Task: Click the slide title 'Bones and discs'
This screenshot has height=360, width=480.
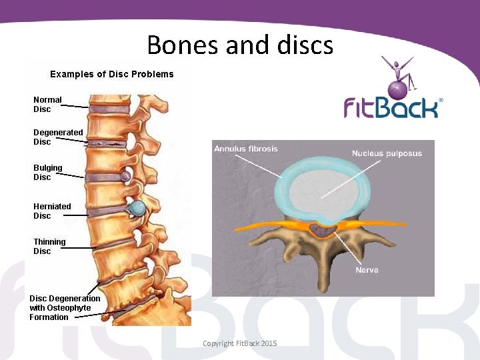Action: pos(240,45)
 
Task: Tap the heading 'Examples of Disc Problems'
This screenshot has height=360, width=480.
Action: pos(112,74)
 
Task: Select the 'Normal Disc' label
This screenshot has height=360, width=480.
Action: pos(47,104)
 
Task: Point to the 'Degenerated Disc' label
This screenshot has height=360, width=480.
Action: pos(58,137)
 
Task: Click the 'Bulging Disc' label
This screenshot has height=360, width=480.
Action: pos(48,172)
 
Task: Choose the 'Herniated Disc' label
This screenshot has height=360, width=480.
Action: pos(52,211)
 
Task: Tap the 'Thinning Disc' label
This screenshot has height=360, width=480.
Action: pos(49,246)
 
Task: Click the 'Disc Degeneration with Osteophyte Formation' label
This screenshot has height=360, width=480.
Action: pos(65,307)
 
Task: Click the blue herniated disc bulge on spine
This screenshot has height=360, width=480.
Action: pos(138,208)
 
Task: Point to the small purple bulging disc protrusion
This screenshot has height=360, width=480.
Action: pos(125,176)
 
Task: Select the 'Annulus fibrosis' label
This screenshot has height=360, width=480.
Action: pos(246,148)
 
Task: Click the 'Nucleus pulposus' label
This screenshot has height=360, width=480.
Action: pos(387,153)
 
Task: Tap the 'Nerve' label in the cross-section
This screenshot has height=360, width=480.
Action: pos(367,270)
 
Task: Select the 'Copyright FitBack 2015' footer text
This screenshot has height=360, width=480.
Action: pos(239,343)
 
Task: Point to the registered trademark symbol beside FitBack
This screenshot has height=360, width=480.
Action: pos(441,100)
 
